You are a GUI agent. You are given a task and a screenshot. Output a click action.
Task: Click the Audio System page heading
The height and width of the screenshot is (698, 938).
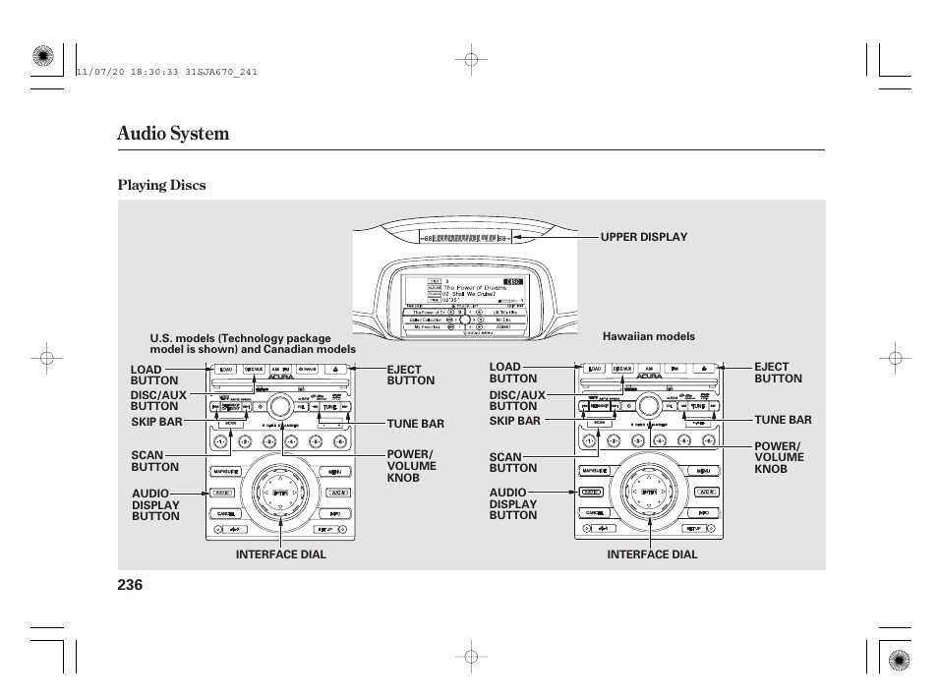point(173,134)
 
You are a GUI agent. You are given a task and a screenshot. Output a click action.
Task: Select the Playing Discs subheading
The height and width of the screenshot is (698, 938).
point(161,185)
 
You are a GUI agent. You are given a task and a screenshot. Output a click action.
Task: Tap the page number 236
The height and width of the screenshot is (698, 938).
point(130,585)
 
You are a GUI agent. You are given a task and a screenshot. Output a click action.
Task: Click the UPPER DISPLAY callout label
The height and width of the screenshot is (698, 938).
point(644,237)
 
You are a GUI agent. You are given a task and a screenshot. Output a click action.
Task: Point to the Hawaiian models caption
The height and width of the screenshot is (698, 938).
point(649,336)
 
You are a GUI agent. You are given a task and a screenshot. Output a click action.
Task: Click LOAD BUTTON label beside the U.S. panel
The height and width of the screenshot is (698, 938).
point(154,375)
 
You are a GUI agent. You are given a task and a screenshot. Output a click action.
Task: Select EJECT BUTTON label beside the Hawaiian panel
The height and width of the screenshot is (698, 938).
point(778,373)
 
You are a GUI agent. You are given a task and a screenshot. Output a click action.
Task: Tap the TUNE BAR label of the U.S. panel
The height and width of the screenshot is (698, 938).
point(415,424)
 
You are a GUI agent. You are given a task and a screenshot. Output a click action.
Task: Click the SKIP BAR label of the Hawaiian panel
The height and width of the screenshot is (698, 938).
point(514,421)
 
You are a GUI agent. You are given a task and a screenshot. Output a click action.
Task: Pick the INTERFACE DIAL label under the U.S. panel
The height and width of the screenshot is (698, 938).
point(280,554)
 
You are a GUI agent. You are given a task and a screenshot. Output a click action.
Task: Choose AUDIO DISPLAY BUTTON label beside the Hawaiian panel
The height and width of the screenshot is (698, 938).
point(513,503)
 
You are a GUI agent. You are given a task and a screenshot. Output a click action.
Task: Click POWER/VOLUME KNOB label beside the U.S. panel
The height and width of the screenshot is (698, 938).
point(411,466)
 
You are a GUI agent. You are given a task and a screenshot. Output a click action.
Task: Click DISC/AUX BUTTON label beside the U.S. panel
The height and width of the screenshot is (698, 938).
point(157,400)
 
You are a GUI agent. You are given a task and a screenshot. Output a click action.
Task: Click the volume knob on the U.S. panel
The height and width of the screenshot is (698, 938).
point(279,406)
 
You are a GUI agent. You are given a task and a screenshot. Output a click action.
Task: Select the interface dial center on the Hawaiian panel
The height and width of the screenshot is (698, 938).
point(649,492)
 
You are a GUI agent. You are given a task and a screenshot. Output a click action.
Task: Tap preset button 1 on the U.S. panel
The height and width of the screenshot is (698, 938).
point(221,442)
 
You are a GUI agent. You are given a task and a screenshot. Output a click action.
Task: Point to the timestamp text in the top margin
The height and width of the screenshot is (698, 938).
point(166,71)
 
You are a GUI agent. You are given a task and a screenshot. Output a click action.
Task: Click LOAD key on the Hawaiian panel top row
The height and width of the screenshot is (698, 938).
point(593,370)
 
